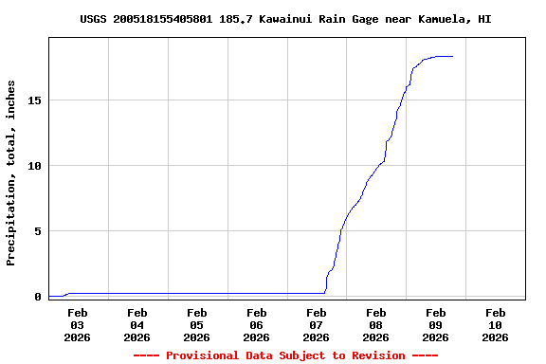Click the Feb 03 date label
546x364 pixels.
pyautogui.click(x=78, y=324)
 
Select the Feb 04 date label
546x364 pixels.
pyautogui.click(x=137, y=324)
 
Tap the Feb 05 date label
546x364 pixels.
pyautogui.click(x=197, y=324)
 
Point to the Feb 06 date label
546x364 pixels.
pyautogui.click(x=257, y=324)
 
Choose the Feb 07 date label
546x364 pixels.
pyautogui.click(x=317, y=324)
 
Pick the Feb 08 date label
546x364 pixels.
pyautogui.click(x=376, y=324)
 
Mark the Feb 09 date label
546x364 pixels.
pyautogui.click(x=436, y=324)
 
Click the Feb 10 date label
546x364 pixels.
pyautogui.click(x=496, y=324)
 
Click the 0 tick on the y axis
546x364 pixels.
pyautogui.click(x=38, y=297)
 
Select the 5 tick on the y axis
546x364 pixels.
pyautogui.click(x=38, y=231)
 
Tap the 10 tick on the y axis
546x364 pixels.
pyautogui.click(x=35, y=166)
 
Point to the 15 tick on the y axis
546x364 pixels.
pyautogui.click(x=35, y=100)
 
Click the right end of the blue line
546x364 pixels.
pyautogui.click(x=453, y=57)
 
